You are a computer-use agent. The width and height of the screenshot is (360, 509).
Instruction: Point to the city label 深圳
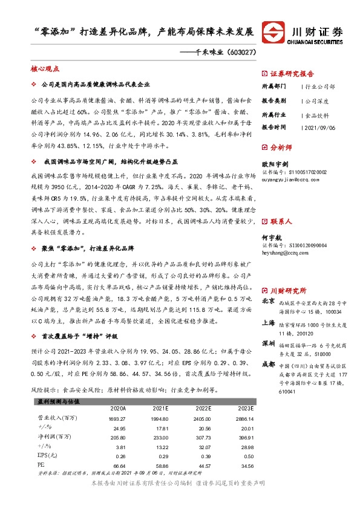point(268,343)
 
